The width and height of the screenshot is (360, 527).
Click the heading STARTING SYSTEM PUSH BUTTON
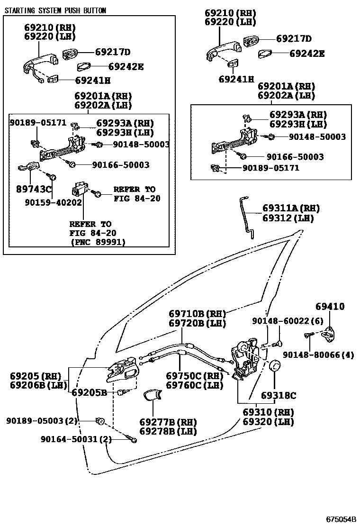pos(55,10)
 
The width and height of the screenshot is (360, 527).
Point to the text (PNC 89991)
pos(98,242)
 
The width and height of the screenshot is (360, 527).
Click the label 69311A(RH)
pos(291,208)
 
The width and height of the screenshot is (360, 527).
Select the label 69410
pos(330,307)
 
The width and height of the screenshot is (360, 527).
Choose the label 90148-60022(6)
pos(287,321)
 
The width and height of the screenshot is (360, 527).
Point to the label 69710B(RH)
pos(198,314)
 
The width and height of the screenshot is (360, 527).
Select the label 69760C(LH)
pos(194,385)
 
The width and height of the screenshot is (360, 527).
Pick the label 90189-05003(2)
pos(42,420)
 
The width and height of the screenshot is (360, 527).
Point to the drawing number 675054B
pos(340,518)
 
